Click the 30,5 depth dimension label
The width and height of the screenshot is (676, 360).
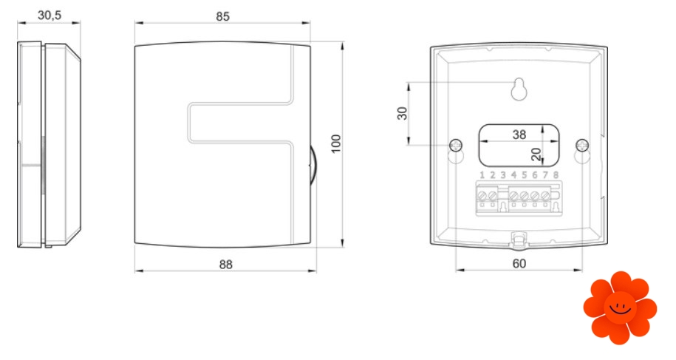point(49,15)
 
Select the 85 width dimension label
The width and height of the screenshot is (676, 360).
point(222,16)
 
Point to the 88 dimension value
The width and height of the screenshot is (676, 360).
point(225,265)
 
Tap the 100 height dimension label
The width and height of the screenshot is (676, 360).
point(336,143)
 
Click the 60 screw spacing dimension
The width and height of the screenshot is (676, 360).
point(519,263)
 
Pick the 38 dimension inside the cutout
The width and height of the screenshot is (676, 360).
point(519,135)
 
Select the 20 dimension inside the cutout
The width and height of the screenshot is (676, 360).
point(536,154)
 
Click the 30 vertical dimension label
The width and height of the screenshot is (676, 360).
point(402,113)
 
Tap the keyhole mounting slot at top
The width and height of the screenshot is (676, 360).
point(519,89)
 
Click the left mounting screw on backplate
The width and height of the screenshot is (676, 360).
point(456,146)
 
